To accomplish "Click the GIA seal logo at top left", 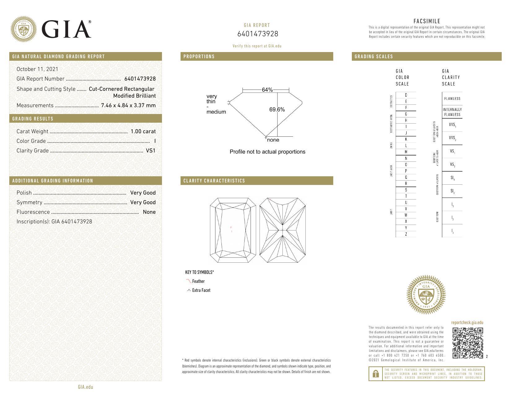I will (x=24, y=29).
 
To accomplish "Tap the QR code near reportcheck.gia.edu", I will (x=468, y=343).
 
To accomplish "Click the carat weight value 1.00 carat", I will (x=143, y=131).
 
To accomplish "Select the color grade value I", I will (x=155, y=141).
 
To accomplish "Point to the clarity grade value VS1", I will (x=151, y=151).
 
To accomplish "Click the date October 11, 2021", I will (x=37, y=69).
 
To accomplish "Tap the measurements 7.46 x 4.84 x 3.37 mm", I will (x=128, y=105).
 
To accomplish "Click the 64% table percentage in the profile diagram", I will (x=267, y=90).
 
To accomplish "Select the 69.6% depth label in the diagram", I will (x=277, y=109).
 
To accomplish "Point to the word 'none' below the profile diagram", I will (x=273, y=140).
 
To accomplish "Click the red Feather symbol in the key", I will (x=189, y=281).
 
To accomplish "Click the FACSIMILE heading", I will (x=426, y=21).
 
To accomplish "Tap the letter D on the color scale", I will (x=406, y=95).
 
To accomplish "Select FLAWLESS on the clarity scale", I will (x=452, y=99).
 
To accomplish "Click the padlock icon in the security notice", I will (x=375, y=374).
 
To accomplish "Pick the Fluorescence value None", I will (x=149, y=212).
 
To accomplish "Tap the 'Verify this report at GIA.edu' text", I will (x=257, y=46).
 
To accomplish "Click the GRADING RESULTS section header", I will (x=33, y=119).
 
